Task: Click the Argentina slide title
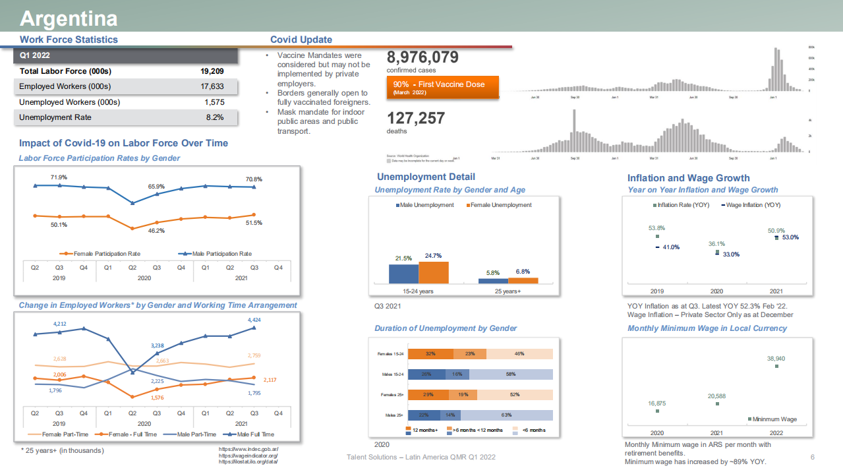(69, 18)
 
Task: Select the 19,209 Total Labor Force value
(212, 71)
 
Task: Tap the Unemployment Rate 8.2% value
(214, 117)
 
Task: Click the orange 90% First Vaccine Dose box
(442, 88)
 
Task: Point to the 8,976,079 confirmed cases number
(422, 58)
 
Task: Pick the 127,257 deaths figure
(416, 119)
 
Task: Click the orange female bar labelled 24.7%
(434, 272)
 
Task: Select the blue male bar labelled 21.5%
(403, 274)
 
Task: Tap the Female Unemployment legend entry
(499, 205)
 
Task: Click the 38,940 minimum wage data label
(776, 359)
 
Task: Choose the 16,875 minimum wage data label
(656, 403)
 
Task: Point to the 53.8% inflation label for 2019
(656, 228)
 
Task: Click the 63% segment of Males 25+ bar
(506, 415)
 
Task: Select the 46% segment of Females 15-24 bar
(519, 354)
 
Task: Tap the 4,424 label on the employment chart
(254, 320)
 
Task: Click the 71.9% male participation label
(59, 177)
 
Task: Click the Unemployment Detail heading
(426, 177)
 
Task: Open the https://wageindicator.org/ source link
(248, 456)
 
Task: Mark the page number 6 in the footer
(812, 457)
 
